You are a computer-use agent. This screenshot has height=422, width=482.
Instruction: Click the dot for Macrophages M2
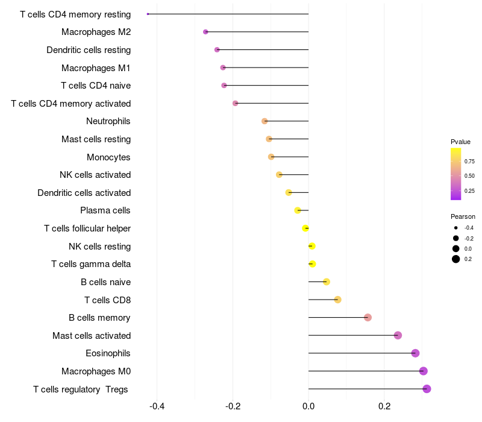(205, 32)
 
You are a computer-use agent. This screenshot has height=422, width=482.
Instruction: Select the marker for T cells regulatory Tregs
(427, 389)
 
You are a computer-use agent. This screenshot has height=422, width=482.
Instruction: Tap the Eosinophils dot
(415, 353)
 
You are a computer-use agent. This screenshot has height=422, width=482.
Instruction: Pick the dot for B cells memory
(368, 318)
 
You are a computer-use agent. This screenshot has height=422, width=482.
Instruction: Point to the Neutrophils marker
(264, 121)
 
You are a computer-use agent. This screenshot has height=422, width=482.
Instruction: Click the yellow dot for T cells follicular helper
(305, 228)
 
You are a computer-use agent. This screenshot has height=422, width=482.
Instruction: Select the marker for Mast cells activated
(398, 335)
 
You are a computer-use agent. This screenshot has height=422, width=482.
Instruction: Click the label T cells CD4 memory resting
(75, 14)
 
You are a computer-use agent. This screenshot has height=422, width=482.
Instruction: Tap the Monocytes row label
(108, 157)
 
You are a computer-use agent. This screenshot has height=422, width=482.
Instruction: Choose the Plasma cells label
(105, 210)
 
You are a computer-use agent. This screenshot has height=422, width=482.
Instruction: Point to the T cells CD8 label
(107, 300)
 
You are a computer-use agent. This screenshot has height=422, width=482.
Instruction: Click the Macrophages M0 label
(96, 371)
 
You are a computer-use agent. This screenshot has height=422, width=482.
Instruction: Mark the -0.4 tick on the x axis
(157, 406)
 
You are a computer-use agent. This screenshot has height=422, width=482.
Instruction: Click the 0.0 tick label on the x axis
(308, 406)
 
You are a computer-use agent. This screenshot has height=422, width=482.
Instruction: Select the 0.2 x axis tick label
(384, 406)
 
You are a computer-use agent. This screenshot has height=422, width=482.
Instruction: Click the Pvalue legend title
(460, 142)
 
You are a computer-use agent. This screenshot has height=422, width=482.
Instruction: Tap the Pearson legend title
(463, 216)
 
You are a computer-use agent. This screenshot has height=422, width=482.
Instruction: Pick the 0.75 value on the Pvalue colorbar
(469, 162)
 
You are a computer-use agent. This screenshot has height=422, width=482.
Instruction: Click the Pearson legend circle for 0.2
(456, 259)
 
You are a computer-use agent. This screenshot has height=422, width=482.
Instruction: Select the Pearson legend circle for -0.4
(456, 228)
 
